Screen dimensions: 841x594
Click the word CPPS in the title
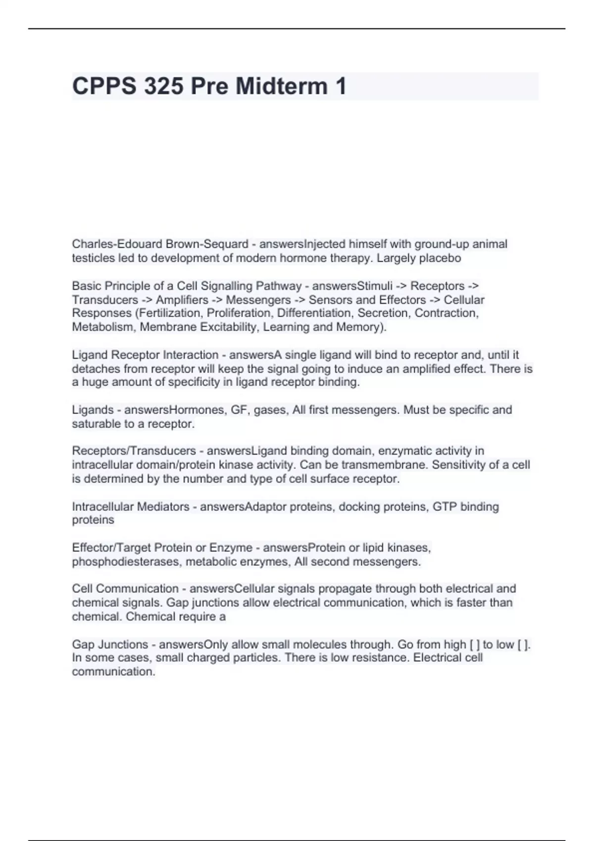point(104,86)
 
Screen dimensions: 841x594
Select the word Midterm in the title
point(281,86)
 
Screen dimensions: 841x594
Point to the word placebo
point(440,258)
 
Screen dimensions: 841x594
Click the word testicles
point(93,258)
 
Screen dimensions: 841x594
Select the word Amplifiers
point(182,300)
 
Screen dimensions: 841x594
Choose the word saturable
point(96,424)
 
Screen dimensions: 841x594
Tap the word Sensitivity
point(463,465)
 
